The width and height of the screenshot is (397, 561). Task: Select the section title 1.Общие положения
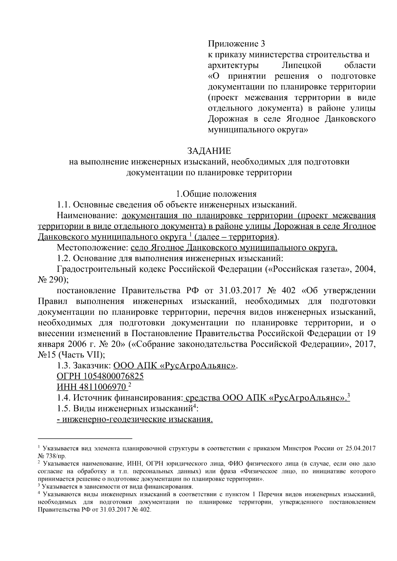216,194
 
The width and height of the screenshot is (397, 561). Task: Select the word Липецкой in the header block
303,65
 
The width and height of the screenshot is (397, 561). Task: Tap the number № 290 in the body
52,280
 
